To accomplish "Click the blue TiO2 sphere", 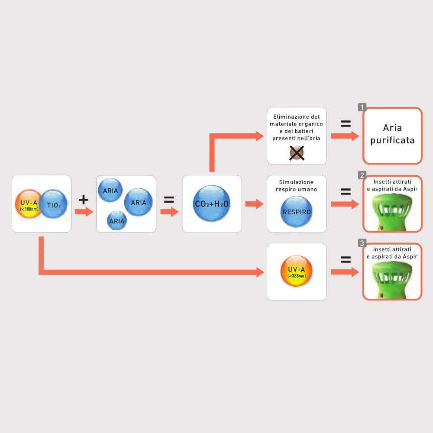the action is (x=53, y=204).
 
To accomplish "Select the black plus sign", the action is (x=84, y=200).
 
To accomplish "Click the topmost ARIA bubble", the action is (x=110, y=190).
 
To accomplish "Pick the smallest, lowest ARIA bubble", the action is (x=117, y=221).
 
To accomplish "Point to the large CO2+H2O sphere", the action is (x=212, y=204).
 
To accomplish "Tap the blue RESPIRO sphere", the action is (x=297, y=212).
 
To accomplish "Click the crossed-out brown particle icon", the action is (x=297, y=153).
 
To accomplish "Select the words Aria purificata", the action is (x=392, y=134).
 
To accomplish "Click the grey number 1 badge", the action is (x=362, y=107).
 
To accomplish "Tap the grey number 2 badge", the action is (x=362, y=175).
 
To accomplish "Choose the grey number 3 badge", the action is (x=362, y=243).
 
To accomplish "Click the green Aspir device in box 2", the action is (x=392, y=212).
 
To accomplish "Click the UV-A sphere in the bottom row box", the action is (x=297, y=271).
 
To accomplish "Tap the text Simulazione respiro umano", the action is (x=296, y=186).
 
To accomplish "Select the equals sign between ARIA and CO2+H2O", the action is (x=169, y=200).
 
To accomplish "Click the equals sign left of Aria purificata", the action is (x=346, y=123).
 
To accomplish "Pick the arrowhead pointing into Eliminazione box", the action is (x=260, y=136).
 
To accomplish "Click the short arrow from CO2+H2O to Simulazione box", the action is (x=254, y=204).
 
